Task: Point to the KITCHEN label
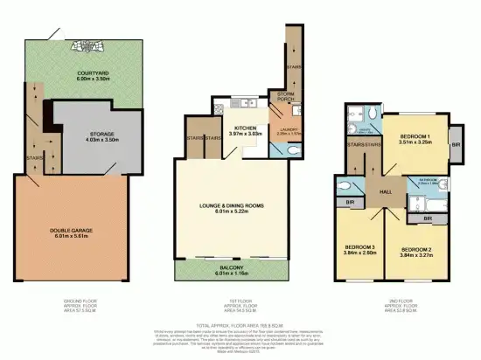[x=244, y=128]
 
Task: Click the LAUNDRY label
[x=289, y=130]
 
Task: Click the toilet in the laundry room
[x=294, y=150]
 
